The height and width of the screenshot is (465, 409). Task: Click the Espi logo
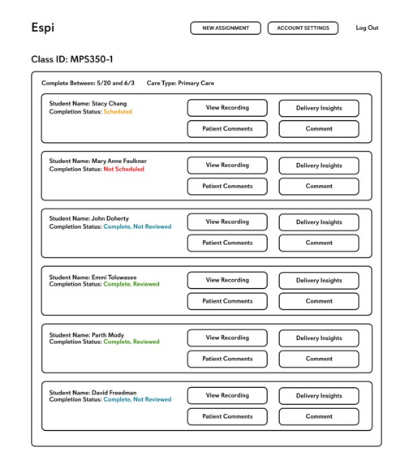[x=42, y=28]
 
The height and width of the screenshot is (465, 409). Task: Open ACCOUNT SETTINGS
[x=303, y=28]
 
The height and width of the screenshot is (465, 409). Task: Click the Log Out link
[x=367, y=28]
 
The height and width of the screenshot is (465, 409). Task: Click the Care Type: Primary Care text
[x=180, y=83]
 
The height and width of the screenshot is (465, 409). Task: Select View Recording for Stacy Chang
[x=227, y=107]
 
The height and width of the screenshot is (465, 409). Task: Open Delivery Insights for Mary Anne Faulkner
[x=319, y=166]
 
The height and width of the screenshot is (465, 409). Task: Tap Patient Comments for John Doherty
[x=227, y=243]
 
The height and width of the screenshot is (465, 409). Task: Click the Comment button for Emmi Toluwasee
[x=319, y=301]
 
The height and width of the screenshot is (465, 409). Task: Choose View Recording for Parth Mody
[x=227, y=338]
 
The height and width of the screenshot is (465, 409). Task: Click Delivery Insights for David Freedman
[x=319, y=396]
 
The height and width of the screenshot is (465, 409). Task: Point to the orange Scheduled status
[x=118, y=112]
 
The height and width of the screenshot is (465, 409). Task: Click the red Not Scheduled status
[x=123, y=170]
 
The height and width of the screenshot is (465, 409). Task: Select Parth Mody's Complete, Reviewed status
[x=131, y=342]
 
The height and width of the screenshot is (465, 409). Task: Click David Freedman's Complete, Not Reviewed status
[x=137, y=400]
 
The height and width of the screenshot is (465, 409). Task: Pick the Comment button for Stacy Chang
[x=319, y=128]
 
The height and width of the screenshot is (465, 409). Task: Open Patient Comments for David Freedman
[x=227, y=416]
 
